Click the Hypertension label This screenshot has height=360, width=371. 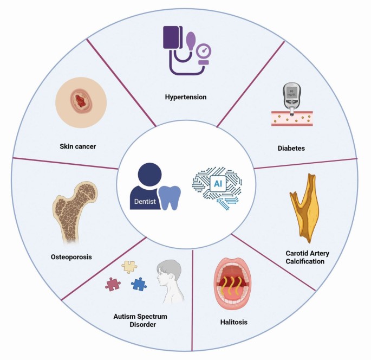[186, 98]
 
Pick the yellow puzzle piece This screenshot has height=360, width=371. [129, 266]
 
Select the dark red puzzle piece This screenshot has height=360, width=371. [113, 285]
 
